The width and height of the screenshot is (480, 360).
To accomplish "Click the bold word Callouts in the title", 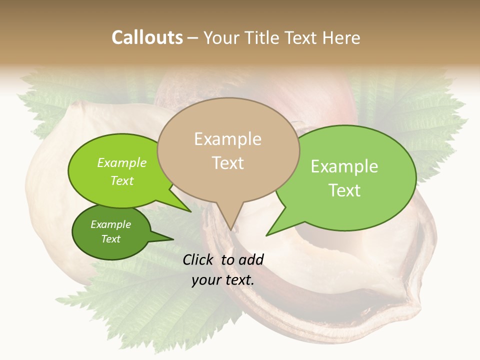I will click(x=147, y=37).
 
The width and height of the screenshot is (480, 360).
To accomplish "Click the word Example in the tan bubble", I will click(x=227, y=139).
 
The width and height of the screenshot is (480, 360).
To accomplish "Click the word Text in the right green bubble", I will click(x=344, y=190).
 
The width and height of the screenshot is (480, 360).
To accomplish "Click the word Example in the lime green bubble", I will click(x=122, y=163).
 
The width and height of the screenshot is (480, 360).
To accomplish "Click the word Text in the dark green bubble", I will click(x=111, y=239).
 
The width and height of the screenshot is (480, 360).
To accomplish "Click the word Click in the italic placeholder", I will click(x=199, y=259).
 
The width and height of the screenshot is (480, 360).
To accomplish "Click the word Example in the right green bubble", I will click(x=344, y=166).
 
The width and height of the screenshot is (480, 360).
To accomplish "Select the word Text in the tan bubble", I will click(x=228, y=163).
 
